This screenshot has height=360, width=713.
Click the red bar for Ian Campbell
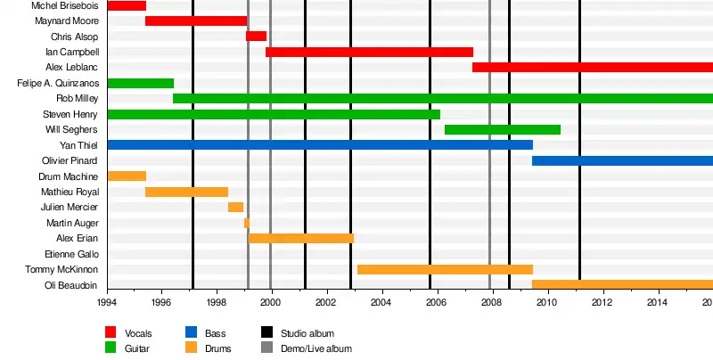(369, 52)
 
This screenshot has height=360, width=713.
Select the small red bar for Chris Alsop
(256, 37)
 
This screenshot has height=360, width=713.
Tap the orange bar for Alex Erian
(301, 238)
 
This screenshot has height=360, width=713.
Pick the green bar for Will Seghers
(503, 130)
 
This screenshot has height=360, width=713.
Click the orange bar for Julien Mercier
(235, 208)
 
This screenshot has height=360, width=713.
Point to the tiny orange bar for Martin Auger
(247, 223)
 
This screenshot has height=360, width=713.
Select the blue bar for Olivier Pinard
(622, 160)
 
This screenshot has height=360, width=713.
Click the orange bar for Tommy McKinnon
(445, 269)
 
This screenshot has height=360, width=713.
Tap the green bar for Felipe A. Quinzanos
(140, 83)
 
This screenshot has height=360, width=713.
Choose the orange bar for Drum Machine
(127, 176)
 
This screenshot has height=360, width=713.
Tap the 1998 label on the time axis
(217, 303)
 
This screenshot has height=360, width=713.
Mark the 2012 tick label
(603, 303)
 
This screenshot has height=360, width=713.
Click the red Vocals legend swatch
(111, 332)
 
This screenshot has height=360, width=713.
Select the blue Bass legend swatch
(192, 332)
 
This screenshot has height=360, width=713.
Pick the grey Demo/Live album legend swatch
(267, 348)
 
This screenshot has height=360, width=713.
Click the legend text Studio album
(307, 333)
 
